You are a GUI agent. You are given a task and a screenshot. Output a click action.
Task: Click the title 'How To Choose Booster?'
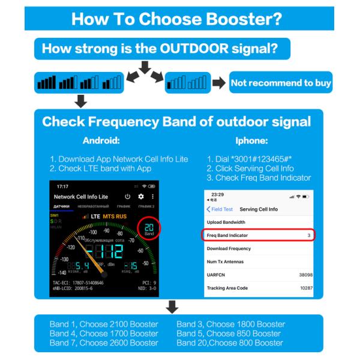tap(176, 18)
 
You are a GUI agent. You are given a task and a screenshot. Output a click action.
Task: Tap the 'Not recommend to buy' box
tap(280, 83)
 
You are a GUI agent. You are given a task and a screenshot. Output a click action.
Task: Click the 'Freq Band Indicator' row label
tap(227, 235)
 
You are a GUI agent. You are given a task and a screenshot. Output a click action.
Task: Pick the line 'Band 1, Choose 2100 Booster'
tap(104, 324)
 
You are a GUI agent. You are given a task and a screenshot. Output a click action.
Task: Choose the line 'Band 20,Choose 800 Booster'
tap(230, 343)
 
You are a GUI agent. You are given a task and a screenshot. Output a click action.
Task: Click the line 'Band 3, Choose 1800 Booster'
tap(230, 324)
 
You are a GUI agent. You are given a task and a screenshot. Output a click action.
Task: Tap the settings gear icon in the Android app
tap(141, 197)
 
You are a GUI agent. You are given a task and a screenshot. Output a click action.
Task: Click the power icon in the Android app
tap(127, 197)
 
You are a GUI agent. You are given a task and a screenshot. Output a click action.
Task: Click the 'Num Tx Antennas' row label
tap(225, 261)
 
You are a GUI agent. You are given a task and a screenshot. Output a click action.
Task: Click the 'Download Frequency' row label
tap(229, 248)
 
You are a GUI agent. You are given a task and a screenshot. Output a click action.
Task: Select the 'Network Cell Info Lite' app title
tap(81, 197)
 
